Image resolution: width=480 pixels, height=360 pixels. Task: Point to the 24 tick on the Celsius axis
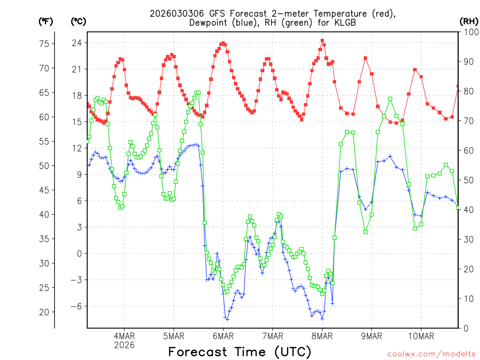(76, 43)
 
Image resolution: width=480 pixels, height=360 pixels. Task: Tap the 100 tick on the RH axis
(468, 32)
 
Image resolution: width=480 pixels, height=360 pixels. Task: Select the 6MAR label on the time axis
(223, 336)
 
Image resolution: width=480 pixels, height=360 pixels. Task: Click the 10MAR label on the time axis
(420, 336)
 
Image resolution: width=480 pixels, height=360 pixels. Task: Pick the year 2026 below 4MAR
(124, 345)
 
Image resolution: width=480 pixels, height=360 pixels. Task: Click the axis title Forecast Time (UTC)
(240, 352)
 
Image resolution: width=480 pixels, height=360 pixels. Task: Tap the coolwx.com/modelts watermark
(432, 353)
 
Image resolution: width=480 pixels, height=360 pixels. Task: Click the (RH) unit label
(468, 21)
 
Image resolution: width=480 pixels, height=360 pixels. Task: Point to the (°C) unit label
(79, 21)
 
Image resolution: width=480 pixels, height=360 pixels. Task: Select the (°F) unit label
(46, 21)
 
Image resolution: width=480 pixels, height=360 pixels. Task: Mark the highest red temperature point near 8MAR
(322, 41)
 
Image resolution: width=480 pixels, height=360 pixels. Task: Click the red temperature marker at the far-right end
(458, 86)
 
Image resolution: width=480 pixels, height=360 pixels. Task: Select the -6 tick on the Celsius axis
(76, 306)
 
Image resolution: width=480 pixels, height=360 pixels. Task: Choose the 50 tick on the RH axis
(468, 180)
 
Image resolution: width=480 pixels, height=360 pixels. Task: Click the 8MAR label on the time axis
(322, 336)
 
